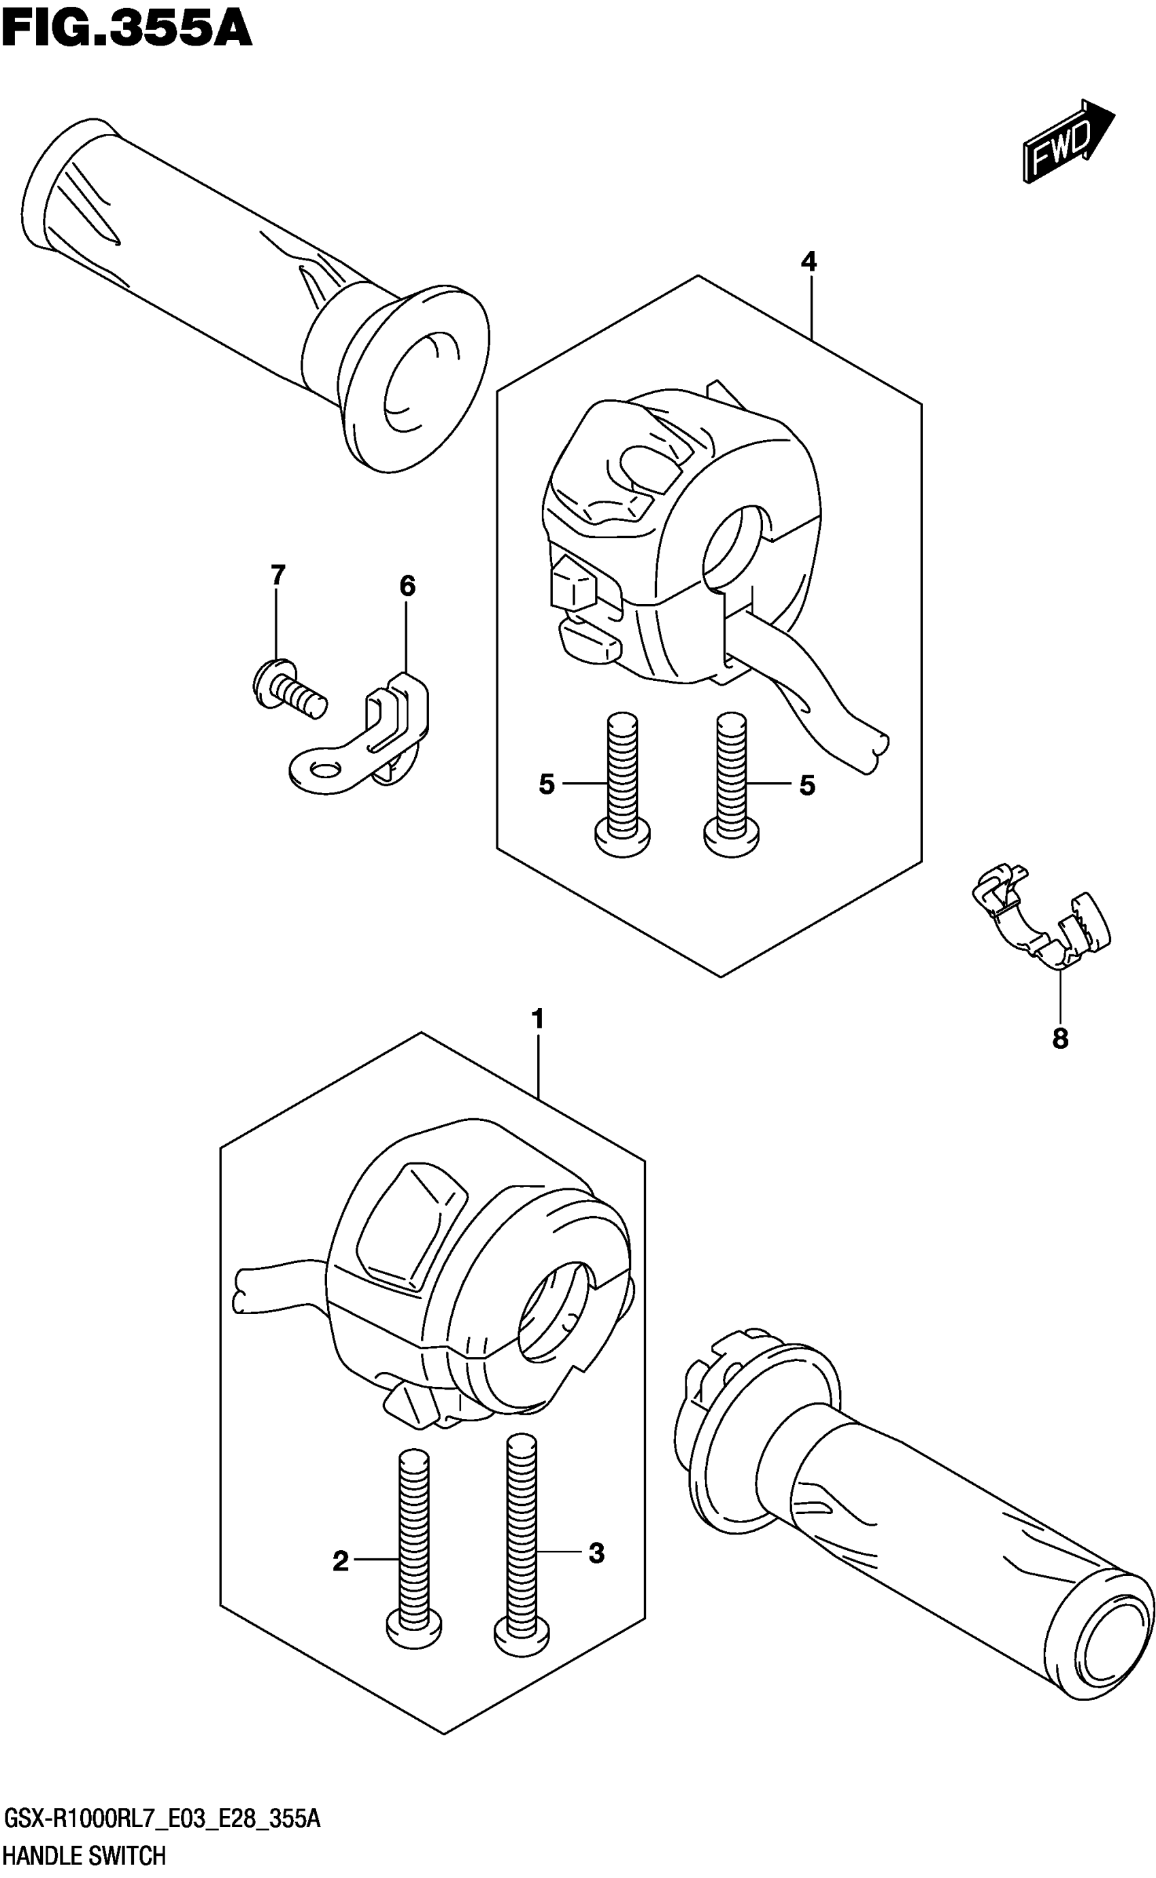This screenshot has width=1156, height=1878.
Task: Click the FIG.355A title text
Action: click(127, 30)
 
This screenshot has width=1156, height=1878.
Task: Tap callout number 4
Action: click(808, 263)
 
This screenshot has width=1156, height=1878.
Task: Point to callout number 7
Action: click(277, 574)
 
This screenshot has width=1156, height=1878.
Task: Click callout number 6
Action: click(407, 586)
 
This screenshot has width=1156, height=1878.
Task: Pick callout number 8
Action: click(1059, 1039)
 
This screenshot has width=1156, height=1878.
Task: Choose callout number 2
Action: click(341, 1562)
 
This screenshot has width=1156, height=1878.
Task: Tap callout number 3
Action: click(596, 1553)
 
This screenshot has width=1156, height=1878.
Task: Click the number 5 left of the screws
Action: click(546, 784)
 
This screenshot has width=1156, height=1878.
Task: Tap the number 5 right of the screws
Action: click(807, 786)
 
